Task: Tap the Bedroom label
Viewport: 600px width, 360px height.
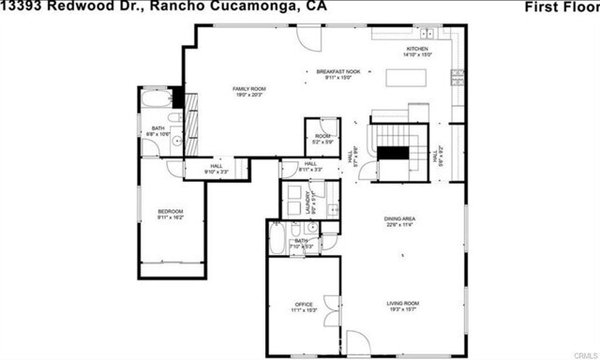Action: [x=171, y=213]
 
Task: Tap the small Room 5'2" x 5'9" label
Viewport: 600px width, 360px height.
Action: [x=322, y=139]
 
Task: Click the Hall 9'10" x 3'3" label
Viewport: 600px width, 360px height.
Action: [x=217, y=169]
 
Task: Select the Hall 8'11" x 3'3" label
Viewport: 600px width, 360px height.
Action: [x=309, y=166]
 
